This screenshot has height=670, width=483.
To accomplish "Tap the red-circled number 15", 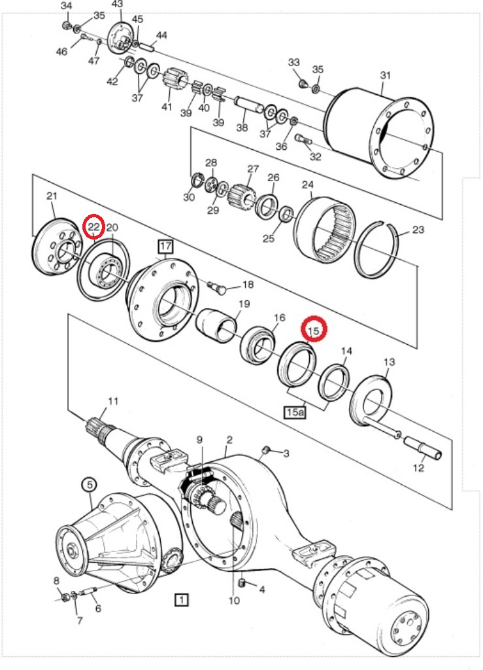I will pyautogui.click(x=313, y=331).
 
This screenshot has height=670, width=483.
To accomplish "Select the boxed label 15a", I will pyautogui.click(x=294, y=412).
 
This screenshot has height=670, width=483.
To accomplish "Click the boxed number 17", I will pyautogui.click(x=165, y=247).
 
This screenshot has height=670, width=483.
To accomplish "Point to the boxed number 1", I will pyautogui.click(x=181, y=599).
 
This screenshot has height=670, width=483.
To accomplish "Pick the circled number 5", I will pyautogui.click(x=90, y=485).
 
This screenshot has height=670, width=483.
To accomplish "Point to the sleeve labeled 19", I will pyautogui.click(x=220, y=325).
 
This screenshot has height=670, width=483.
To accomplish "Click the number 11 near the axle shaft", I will pyautogui.click(x=114, y=401).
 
